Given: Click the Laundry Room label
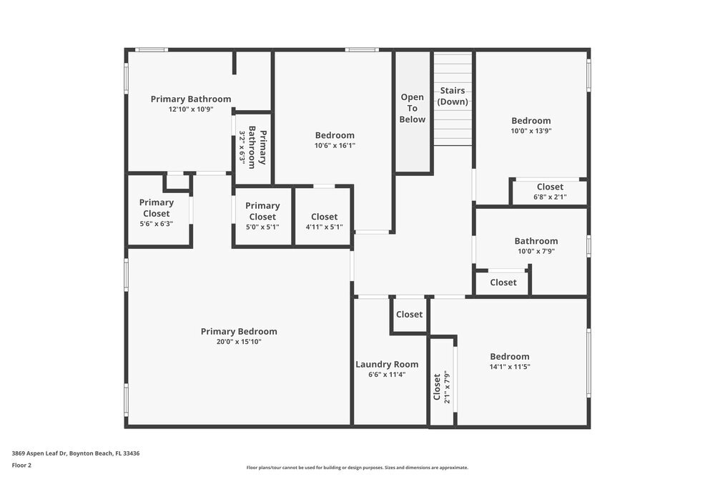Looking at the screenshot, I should coord(387,364).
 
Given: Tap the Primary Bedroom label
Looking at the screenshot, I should coord(239,331).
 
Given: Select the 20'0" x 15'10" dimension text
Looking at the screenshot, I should coord(239,342).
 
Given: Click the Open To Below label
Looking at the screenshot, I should coord(413,108).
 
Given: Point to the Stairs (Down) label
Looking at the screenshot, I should coord(453,96).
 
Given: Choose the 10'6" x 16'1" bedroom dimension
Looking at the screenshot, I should coord(335,145).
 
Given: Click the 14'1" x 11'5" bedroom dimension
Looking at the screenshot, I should coord(510,367).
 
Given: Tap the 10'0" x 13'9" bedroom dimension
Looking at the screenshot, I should coord(531,131).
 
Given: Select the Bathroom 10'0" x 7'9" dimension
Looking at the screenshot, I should coord(536,251).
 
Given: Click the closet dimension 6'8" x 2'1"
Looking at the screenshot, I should coord(550,197).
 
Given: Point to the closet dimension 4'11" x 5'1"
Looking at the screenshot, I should coord(324,227).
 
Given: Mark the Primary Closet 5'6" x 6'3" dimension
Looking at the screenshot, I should coord(156,223).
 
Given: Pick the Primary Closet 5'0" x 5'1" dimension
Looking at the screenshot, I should coord(262,227).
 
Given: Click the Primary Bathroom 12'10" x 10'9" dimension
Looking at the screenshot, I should coord(191,109).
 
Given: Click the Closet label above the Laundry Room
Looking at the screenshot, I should coord(409,314).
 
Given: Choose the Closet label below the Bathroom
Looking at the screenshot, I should coord(503,282).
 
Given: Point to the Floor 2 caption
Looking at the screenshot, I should coord(21,465).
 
